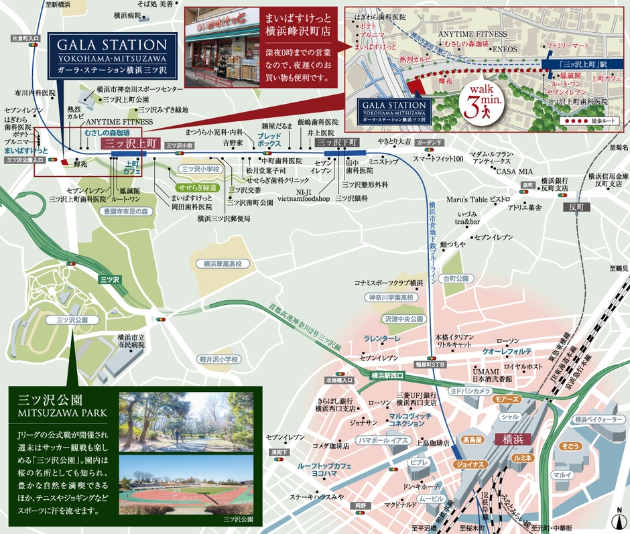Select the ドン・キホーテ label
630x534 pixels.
(422, 484)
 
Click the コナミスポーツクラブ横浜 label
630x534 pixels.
(389, 283)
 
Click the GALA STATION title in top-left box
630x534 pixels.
(111, 46)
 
